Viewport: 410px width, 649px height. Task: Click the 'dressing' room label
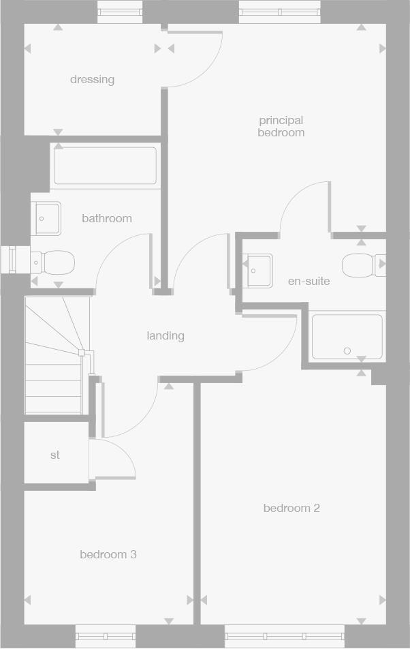[x=92, y=80]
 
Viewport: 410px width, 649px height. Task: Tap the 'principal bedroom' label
[x=281, y=127]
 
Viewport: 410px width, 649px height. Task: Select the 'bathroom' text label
[x=107, y=219]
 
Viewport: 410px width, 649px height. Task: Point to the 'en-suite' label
[x=309, y=281]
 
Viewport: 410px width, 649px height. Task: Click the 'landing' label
[x=165, y=336]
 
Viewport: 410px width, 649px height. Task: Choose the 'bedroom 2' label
[x=291, y=509]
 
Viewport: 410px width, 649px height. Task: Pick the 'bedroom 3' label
[x=108, y=555]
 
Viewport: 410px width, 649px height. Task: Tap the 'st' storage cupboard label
[x=55, y=455]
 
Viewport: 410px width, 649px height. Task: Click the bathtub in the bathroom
[x=106, y=166]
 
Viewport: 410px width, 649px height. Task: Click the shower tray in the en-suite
[x=347, y=336]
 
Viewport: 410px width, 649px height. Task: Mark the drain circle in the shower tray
[x=347, y=351]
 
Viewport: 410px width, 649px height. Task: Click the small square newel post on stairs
[x=82, y=352]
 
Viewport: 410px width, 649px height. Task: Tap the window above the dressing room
[x=121, y=11]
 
